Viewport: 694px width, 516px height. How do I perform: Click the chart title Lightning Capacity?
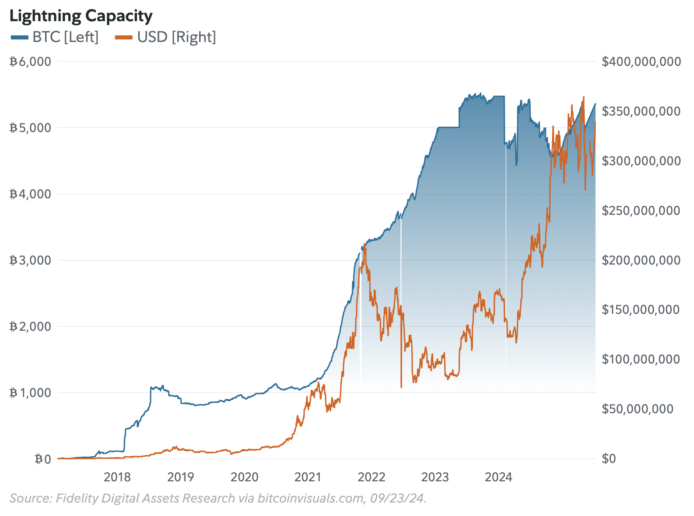(81, 16)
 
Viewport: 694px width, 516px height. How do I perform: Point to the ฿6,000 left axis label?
(30, 62)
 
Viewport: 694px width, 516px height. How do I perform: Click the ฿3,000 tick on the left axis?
(30, 260)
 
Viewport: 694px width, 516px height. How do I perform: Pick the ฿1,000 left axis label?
(30, 393)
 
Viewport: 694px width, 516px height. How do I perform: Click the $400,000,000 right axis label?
(641, 62)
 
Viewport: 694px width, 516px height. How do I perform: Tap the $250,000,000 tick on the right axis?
(641, 211)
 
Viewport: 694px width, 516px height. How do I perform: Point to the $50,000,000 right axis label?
(637, 409)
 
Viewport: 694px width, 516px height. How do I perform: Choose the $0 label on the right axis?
(609, 459)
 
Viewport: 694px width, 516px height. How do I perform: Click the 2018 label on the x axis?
(117, 477)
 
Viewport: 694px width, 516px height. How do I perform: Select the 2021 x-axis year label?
(308, 477)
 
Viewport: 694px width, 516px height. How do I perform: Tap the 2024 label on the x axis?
(498, 477)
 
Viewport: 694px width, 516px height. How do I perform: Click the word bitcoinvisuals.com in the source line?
(310, 498)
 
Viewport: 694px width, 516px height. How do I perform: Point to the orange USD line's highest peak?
(584, 97)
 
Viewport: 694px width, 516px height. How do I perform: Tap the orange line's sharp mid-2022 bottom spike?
(401, 387)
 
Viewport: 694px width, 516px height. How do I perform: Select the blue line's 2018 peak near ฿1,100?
(163, 385)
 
